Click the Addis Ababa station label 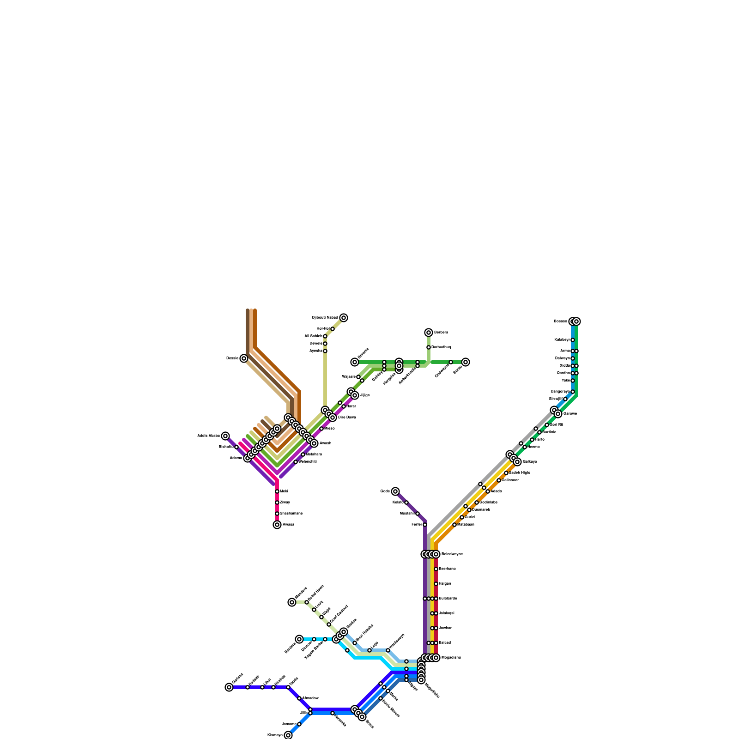(209, 436)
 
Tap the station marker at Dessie (244, 358)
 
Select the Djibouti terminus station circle (344, 318)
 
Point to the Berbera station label (441, 333)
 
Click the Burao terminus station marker (466, 362)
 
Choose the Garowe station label (570, 414)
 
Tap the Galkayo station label (530, 462)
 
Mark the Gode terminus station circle (395, 491)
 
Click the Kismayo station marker (288, 735)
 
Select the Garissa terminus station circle (229, 687)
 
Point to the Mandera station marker (292, 602)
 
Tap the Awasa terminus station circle (277, 525)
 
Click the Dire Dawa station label (347, 418)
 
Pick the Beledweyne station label (452, 554)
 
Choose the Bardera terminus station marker (299, 639)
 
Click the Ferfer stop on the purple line (425, 525)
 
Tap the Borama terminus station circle (355, 362)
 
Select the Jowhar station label (445, 628)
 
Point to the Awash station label (325, 443)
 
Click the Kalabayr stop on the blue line (573, 340)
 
